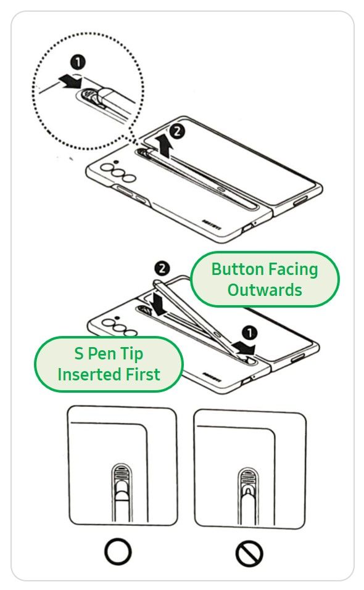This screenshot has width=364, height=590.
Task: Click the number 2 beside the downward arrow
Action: coord(162,268)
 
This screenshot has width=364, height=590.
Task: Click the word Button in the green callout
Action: coord(237,269)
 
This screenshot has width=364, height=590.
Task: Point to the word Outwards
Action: coord(265,289)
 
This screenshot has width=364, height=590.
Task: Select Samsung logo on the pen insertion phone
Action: coord(214,366)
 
